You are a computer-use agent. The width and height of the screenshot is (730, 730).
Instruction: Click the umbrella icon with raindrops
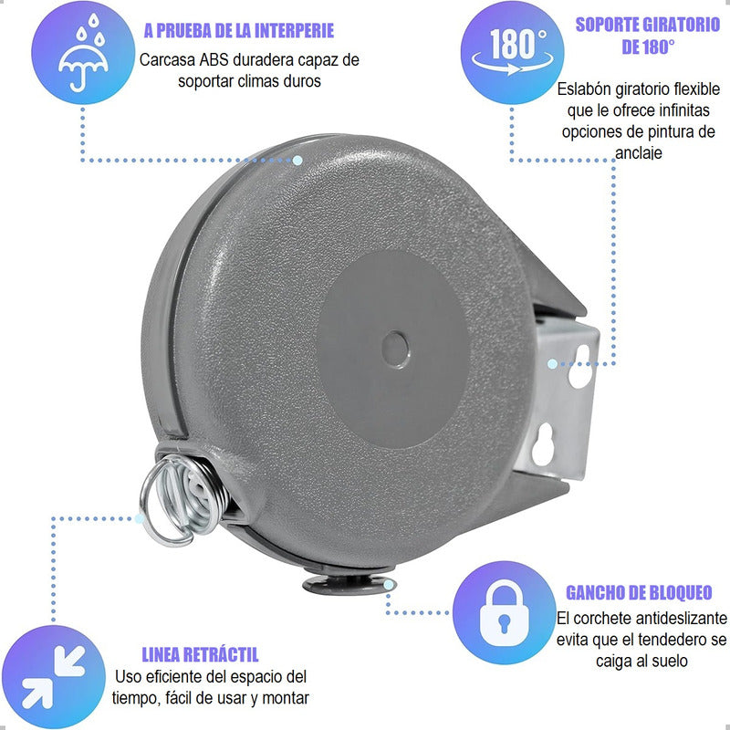point(83,53)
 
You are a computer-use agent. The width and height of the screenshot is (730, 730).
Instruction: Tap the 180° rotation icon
point(513,51)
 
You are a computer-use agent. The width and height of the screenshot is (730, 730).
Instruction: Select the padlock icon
point(504,613)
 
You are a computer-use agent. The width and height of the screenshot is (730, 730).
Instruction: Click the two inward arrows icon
point(54,677)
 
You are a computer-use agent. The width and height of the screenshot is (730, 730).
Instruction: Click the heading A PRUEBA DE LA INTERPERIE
point(239,31)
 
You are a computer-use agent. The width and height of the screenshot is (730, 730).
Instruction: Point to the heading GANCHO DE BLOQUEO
point(639,592)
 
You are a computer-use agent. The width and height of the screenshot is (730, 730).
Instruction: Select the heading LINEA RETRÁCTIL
point(200,654)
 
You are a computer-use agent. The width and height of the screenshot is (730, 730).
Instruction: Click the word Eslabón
point(584,89)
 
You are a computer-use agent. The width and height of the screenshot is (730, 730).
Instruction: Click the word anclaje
point(638,152)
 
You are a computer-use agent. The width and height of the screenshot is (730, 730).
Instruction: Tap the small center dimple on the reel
point(395,349)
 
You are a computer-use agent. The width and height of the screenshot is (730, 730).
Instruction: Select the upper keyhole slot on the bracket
point(580,367)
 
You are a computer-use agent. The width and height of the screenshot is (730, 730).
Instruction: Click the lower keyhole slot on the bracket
point(543,445)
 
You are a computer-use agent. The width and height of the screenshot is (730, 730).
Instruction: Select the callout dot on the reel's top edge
point(297,161)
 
